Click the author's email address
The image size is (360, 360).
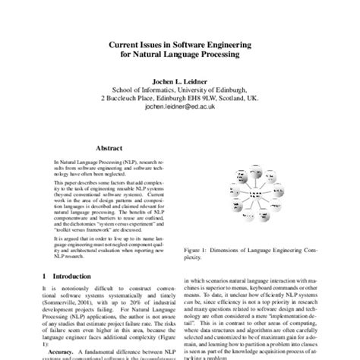point(180,109)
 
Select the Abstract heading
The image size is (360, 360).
point(105,150)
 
